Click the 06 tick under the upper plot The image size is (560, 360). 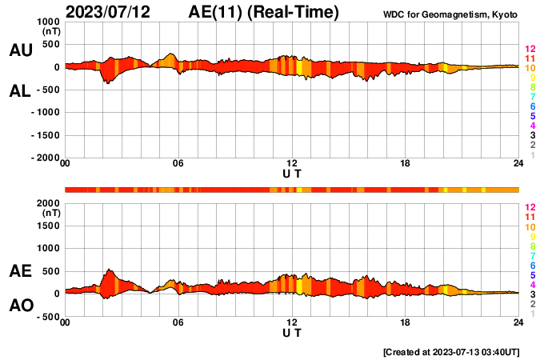point(178,165)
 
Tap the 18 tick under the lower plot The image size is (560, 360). point(406,323)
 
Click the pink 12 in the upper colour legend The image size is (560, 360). point(530,50)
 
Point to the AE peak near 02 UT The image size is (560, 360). point(110,270)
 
